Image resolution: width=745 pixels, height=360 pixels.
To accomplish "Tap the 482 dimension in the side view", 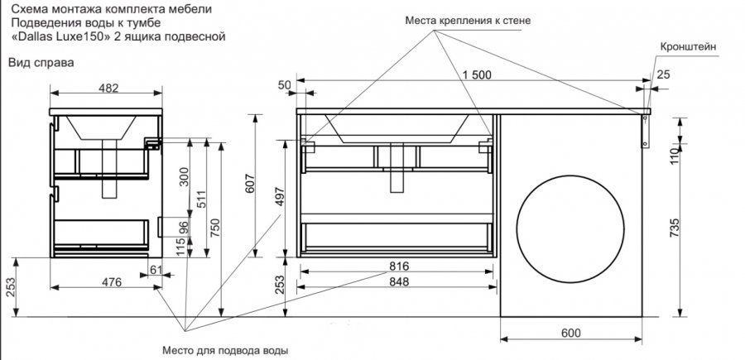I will [108, 89].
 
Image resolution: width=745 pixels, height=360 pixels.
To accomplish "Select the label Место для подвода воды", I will [225, 350].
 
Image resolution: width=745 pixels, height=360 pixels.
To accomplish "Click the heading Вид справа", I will [41, 63].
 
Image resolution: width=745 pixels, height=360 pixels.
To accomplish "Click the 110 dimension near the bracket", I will [675, 154].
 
